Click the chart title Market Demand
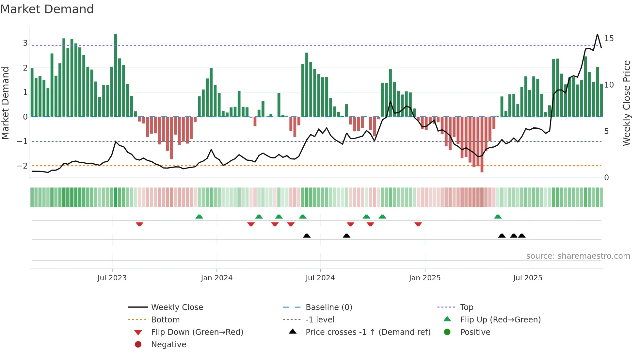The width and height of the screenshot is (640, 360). tap(47, 9)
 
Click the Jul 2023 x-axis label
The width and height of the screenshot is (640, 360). tap(112, 278)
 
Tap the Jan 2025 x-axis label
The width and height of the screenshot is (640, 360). tap(424, 278)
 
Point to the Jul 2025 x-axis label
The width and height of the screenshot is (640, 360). tap(527, 278)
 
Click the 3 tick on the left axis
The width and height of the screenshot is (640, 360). tap(25, 43)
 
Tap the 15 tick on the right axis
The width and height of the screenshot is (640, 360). tap(609, 39)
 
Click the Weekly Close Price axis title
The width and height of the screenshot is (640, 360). tap(626, 103)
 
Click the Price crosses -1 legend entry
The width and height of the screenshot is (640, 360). tap(368, 332)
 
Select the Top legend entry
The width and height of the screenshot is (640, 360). tap(466, 307)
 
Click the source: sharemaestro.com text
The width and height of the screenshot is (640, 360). tap(578, 256)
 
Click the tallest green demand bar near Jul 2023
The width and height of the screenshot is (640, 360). tap(116, 75)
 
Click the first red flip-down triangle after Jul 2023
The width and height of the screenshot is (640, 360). tap(139, 224)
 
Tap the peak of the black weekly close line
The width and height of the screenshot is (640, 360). tap(597, 34)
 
